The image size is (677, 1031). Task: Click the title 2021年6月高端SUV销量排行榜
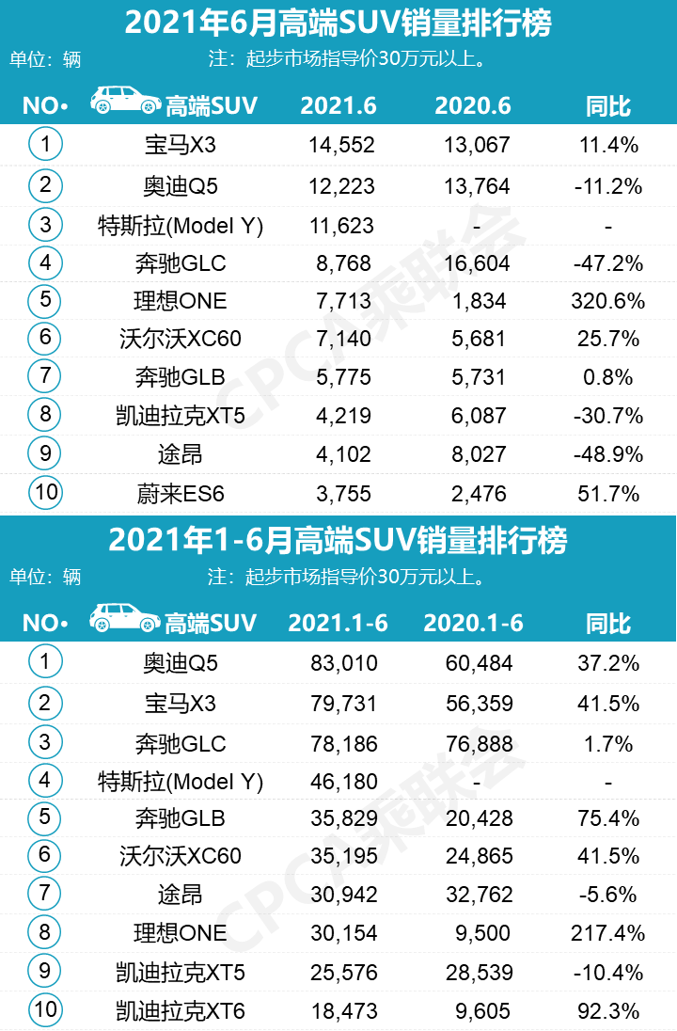click(x=338, y=24)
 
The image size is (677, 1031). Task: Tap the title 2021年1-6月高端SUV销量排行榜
click(x=338, y=541)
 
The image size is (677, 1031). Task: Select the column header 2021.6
click(x=338, y=105)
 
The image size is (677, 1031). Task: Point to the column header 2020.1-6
click(x=473, y=623)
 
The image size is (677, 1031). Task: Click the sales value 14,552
click(x=341, y=145)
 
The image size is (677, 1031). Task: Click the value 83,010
click(x=344, y=663)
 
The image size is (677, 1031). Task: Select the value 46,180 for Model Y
click(x=344, y=781)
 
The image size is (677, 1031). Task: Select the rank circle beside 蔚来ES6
click(x=45, y=493)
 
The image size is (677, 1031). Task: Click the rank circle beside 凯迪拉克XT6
click(x=45, y=1010)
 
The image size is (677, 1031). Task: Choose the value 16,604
click(x=477, y=262)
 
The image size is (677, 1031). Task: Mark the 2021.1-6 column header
click(x=338, y=623)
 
